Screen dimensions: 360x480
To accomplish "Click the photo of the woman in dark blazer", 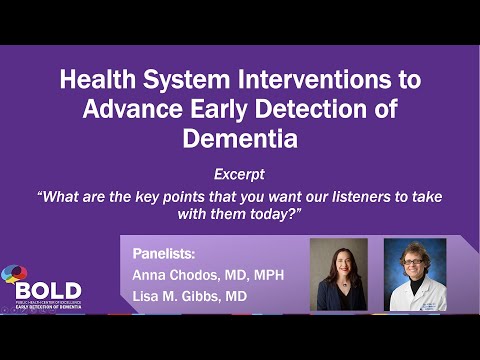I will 338,274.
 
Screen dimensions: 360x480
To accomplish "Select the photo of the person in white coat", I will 414,274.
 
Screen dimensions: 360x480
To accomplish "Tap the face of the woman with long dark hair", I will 338,263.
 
